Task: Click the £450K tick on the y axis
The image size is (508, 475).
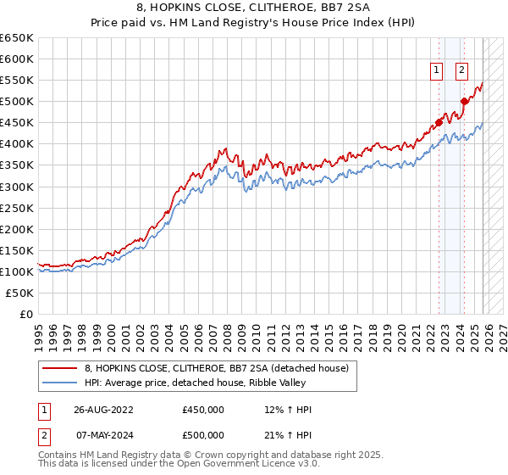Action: tap(17, 123)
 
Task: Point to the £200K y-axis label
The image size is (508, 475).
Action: tap(17, 229)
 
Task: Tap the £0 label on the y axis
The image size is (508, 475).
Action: tap(25, 314)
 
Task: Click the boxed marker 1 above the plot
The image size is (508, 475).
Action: tap(436, 71)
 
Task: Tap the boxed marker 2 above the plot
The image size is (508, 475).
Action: tap(461, 71)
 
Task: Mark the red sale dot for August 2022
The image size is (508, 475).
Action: tap(439, 122)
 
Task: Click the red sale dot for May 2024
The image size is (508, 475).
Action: tap(464, 102)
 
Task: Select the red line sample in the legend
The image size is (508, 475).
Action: tap(59, 367)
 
